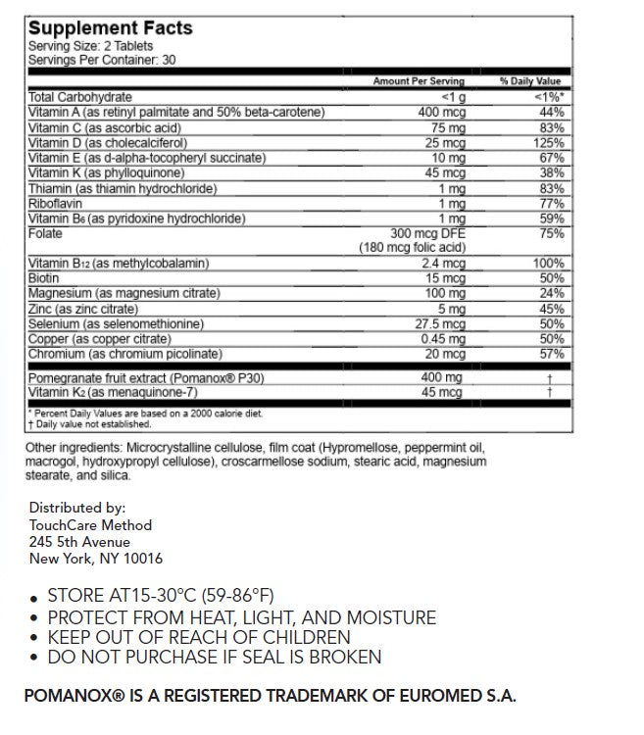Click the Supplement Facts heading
[x=110, y=28]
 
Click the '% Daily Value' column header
[x=531, y=81]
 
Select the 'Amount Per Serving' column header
[x=418, y=81]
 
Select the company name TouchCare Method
[x=90, y=525]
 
